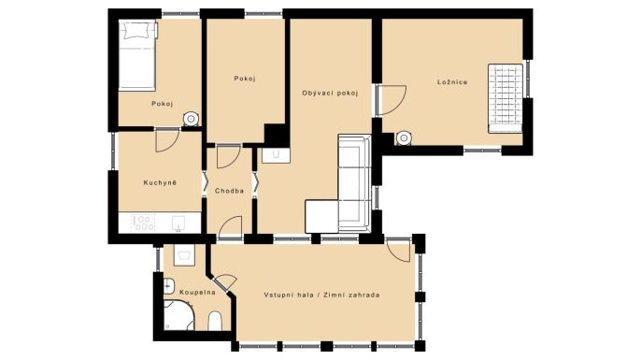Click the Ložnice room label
click(452, 82)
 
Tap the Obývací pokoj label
click(330, 94)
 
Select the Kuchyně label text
click(160, 183)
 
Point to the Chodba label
click(229, 191)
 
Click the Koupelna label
click(197, 293)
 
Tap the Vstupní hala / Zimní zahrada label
click(321, 295)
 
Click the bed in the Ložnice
click(506, 98)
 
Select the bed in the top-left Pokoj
click(137, 56)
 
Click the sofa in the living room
click(339, 183)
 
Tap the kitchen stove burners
click(143, 223)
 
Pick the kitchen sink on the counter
click(178, 223)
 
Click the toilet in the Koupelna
click(215, 321)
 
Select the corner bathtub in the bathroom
click(178, 315)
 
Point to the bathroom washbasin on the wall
click(169, 285)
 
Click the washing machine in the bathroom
click(184, 255)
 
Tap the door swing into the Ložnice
click(392, 100)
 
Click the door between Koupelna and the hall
click(225, 282)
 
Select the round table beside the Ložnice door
click(404, 138)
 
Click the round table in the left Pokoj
click(191, 119)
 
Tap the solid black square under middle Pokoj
click(276, 135)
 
